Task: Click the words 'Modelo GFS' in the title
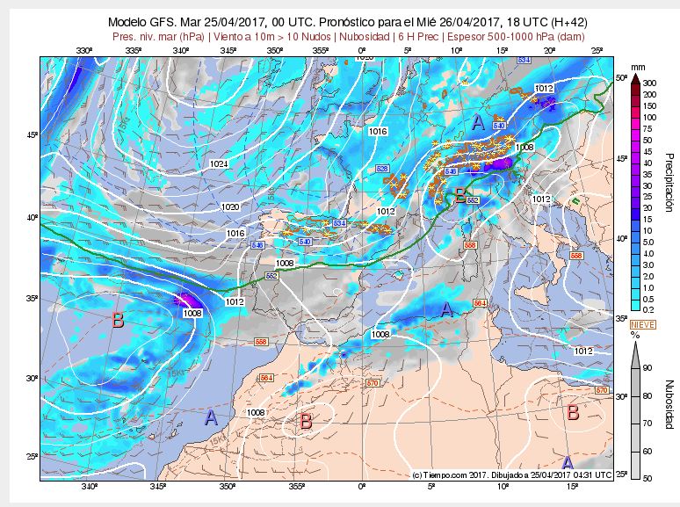[141, 23]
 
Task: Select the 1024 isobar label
[219, 164]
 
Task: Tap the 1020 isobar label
[229, 206]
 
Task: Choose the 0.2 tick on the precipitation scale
[648, 310]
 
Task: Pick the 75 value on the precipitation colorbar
[647, 128]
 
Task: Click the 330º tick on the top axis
[83, 51]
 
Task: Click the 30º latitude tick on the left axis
[30, 379]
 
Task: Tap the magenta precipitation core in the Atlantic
[186, 301]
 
